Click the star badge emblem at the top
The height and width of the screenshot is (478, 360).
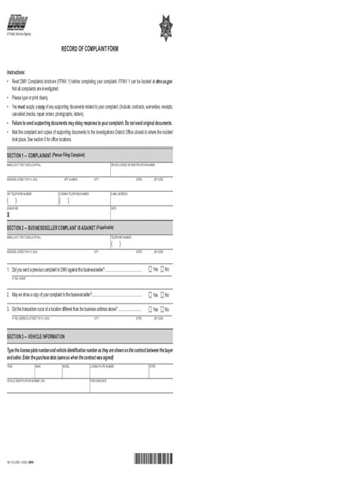167,30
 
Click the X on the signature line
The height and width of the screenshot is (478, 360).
8,215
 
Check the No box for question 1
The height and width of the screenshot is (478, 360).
162,269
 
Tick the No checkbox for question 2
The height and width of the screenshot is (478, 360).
162,294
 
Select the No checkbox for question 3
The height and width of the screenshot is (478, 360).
162,310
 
